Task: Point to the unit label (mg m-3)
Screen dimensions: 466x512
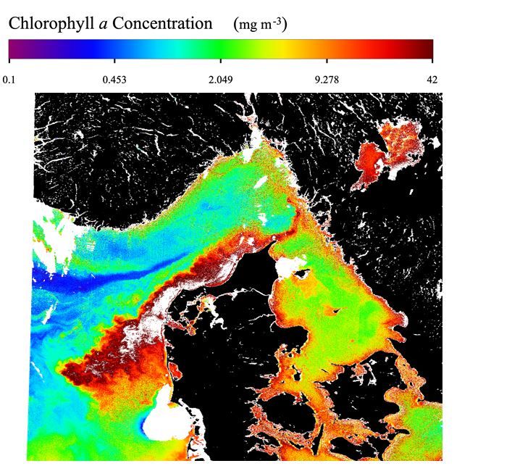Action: (261, 24)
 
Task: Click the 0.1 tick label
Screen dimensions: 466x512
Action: (9, 79)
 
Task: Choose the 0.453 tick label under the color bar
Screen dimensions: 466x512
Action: (114, 79)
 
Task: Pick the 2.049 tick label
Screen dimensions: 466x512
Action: (220, 79)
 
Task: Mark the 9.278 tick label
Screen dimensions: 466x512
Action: (327, 79)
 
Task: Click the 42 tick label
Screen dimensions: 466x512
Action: (432, 79)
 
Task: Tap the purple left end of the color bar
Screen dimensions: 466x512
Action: (12, 49)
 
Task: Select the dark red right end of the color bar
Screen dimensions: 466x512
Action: (428, 49)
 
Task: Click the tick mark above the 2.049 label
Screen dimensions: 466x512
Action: (220, 61)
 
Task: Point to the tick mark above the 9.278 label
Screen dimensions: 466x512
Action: (327, 61)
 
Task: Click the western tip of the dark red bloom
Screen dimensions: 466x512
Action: (64, 372)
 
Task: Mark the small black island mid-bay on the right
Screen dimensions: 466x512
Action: (335, 310)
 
